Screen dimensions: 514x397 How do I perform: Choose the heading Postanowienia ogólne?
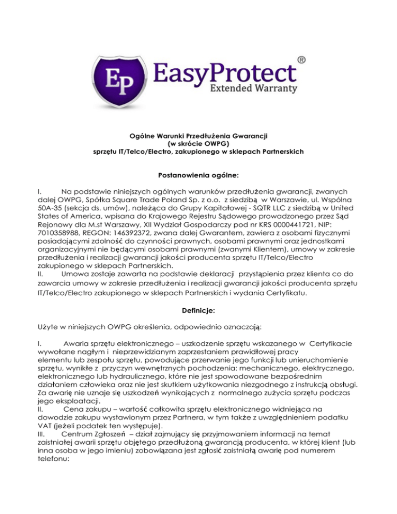click(x=198, y=175)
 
